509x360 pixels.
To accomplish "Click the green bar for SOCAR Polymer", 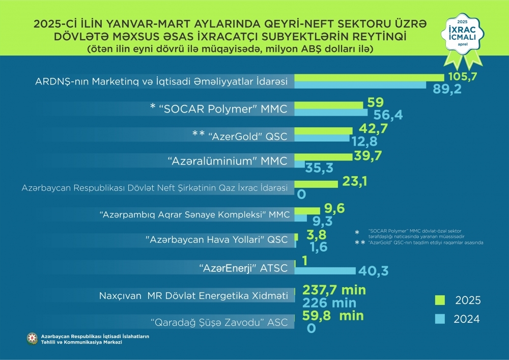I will (329, 105).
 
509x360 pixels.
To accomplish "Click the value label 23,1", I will (355, 181).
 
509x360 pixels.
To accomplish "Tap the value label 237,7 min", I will (334, 290).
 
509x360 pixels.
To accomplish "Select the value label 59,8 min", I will (333, 316).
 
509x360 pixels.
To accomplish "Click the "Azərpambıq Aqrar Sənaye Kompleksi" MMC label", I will (194, 215).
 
